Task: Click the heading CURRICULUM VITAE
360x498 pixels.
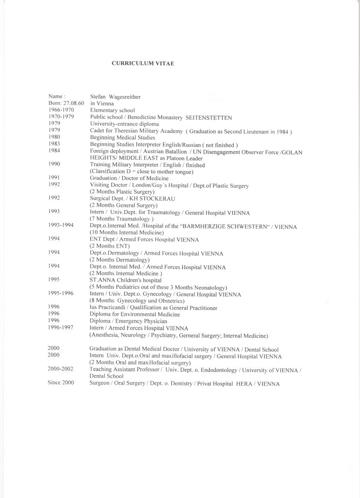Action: [x=143, y=63]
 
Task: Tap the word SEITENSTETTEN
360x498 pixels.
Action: [x=208, y=118]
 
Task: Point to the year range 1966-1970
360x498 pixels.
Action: [x=61, y=110]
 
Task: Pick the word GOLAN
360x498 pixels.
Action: [x=293, y=152]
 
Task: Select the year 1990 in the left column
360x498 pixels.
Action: [x=54, y=164]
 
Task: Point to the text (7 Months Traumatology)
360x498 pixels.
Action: [x=122, y=219]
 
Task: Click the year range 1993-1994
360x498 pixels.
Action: [x=61, y=225]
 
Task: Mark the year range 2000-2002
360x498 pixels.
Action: [x=60, y=369]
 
